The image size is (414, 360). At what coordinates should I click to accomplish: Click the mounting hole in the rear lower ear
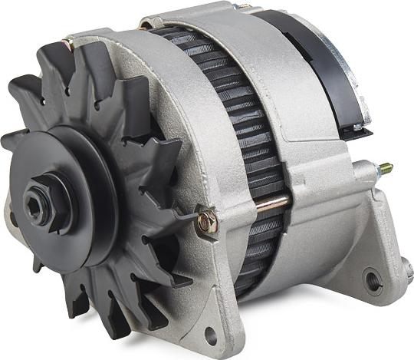[x=373, y=280]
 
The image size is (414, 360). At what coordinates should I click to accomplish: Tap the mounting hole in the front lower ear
[x=210, y=333]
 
